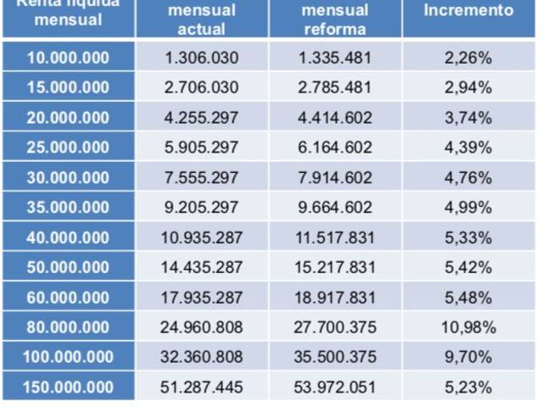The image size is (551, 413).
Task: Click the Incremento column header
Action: click(469, 11)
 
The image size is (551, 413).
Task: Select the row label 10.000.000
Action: click(68, 58)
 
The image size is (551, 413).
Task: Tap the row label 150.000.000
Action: click(68, 387)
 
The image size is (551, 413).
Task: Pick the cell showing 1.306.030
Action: click(202, 58)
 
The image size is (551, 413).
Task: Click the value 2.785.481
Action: click(335, 87)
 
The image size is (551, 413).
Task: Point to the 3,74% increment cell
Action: click(468, 118)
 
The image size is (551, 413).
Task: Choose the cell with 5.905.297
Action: click(202, 148)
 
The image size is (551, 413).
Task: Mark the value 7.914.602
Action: click(335, 177)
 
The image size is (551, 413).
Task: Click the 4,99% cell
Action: click(468, 208)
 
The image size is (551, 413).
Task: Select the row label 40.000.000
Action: click(68, 237)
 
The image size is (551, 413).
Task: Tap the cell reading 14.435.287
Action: click(202, 267)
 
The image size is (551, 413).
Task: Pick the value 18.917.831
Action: click(335, 297)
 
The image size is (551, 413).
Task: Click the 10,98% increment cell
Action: click(468, 327)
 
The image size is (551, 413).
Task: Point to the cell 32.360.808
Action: click(202, 357)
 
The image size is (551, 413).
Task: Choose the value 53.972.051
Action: click(335, 387)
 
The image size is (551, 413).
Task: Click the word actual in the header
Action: click(202, 29)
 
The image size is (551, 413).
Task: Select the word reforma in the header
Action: click(335, 29)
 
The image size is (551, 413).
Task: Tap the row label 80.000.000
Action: click(68, 327)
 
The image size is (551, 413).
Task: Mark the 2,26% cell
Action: click(468, 58)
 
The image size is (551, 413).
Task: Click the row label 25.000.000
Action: click(68, 148)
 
